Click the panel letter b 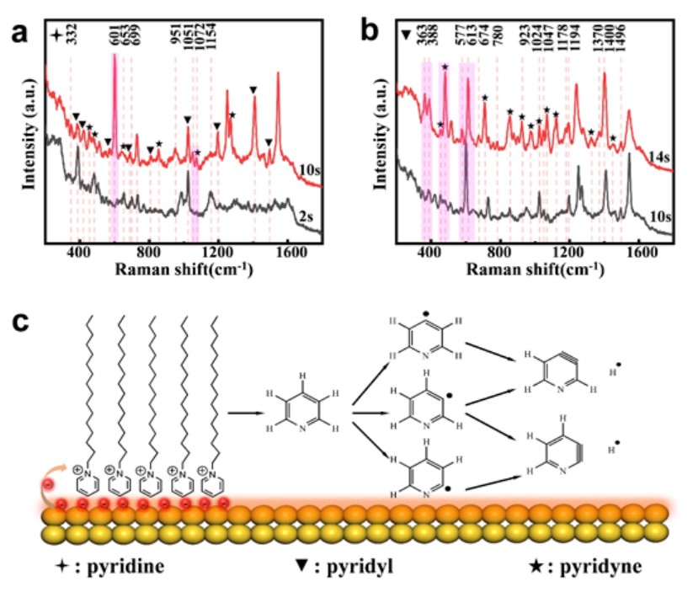pos(369,33)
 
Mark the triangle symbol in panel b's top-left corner pos(407,35)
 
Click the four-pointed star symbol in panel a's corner pos(56,35)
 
